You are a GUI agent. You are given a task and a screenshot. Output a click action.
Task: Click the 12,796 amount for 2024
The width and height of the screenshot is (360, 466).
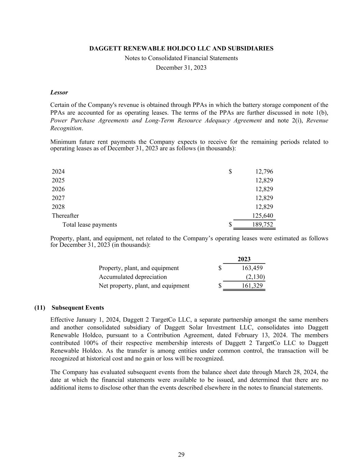pos(264,171)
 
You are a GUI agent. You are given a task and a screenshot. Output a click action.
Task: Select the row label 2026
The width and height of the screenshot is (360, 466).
pos(58,189)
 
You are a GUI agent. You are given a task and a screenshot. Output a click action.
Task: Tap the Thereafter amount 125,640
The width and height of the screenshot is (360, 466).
pos(262,215)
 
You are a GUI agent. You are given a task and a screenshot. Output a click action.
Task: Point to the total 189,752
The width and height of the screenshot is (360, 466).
pos(262,224)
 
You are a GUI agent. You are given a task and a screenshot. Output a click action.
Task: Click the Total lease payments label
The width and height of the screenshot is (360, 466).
pos(89,224)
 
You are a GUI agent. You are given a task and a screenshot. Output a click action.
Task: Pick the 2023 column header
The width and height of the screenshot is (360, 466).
pos(244,259)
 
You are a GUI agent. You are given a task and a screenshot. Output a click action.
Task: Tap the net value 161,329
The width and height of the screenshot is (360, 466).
pos(252,286)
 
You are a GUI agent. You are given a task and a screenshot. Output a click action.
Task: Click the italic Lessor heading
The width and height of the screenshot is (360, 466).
pos(59,93)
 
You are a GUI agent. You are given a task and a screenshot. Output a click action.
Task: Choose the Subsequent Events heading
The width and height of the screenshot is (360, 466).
pos(78,308)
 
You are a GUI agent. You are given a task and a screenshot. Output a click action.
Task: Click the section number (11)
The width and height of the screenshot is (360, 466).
pos(40,308)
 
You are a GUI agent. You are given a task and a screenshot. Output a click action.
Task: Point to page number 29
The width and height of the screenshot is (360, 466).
pos(181,454)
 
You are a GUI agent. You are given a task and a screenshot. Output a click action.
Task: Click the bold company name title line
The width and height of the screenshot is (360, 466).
pos(181,48)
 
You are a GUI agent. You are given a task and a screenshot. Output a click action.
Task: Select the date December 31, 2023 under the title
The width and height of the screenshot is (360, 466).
pos(181,68)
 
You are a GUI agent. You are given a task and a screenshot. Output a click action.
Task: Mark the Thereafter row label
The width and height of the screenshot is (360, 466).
pos(65,215)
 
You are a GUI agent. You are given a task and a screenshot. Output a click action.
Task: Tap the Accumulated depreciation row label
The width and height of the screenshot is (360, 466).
pos(133,277)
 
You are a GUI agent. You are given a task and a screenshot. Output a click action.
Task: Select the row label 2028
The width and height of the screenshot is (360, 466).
pos(58,207)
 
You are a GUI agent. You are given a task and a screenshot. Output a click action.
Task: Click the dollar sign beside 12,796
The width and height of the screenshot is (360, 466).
pos(230,171)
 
